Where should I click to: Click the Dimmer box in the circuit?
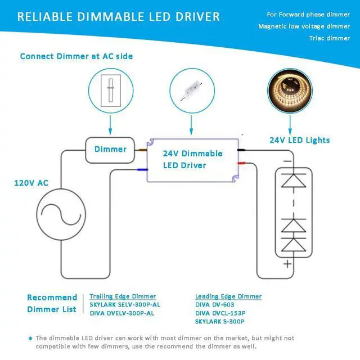pyautogui.click(x=110, y=149)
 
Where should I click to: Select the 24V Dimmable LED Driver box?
pyautogui.click(x=192, y=160)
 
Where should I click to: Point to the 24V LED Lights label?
pyautogui.click(x=299, y=140)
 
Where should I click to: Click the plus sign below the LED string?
pyautogui.click(x=288, y=263)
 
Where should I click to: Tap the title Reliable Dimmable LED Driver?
pyautogui.click(x=118, y=16)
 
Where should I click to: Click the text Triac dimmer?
pyautogui.click(x=329, y=38)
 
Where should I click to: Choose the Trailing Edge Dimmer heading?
pyautogui.click(x=123, y=296)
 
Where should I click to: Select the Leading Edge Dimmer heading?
pyautogui.click(x=228, y=296)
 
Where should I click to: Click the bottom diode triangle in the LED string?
pyautogui.click(x=288, y=245)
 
